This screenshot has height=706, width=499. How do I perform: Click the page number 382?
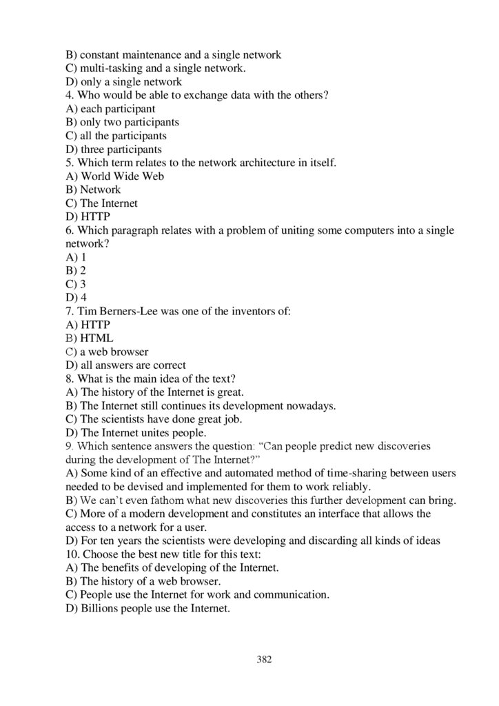pyautogui.click(x=264, y=659)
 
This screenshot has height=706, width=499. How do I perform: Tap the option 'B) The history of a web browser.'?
pyautogui.click(x=145, y=581)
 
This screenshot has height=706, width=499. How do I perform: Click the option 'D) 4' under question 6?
pyautogui.click(x=76, y=298)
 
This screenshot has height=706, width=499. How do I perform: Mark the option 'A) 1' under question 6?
pyautogui.click(x=76, y=257)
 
